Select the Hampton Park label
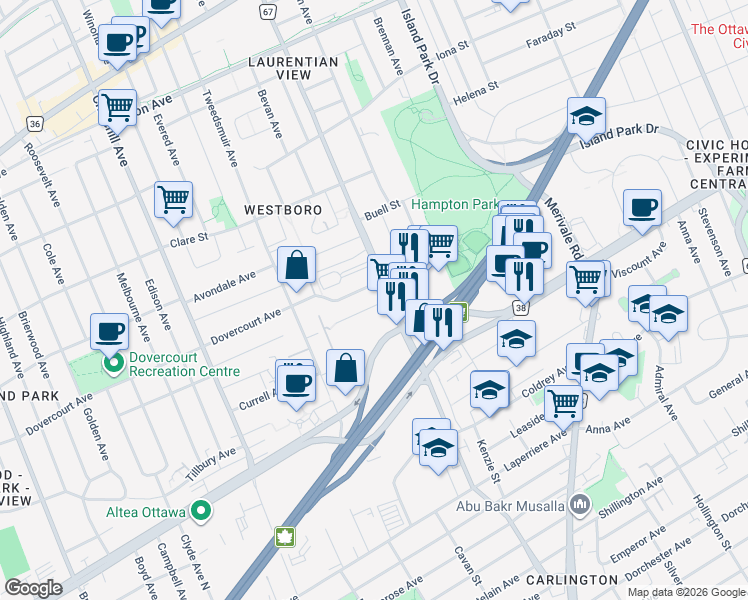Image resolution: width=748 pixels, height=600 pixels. [x=453, y=204]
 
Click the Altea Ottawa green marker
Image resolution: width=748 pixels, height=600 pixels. [x=201, y=512]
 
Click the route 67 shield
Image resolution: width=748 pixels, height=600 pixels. [x=267, y=11]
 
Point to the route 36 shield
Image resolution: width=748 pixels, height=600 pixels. [x=35, y=123]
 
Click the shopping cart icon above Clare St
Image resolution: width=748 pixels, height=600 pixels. [x=173, y=198]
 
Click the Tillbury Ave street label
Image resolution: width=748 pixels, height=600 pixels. [x=209, y=459]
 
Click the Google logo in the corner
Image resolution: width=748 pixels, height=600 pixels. [x=34, y=588]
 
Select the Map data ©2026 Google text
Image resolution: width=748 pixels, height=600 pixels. [x=686, y=592]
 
